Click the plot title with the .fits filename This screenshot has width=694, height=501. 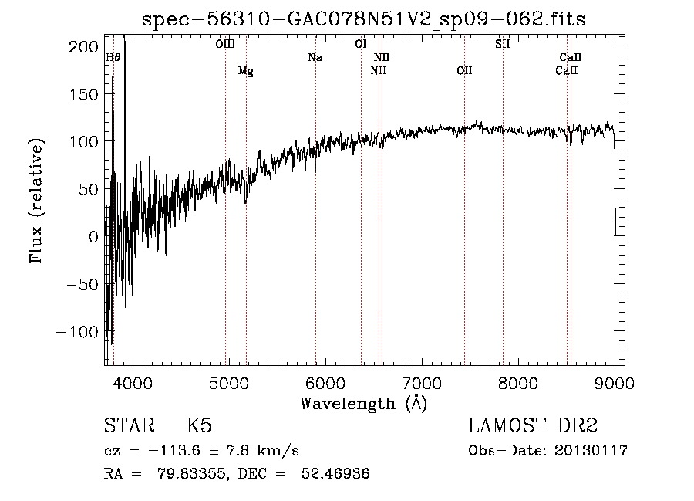click(x=364, y=19)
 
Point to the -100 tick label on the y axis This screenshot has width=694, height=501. click(x=77, y=332)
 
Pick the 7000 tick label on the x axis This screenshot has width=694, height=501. click(x=422, y=383)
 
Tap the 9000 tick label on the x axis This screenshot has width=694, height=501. click(x=615, y=383)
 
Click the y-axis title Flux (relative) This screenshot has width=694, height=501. click(x=36, y=200)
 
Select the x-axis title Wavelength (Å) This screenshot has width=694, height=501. click(x=363, y=403)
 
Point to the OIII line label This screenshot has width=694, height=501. click(x=225, y=44)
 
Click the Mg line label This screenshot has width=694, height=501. click(x=245, y=71)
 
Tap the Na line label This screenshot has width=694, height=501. click(x=315, y=57)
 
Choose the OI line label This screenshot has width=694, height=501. click(x=360, y=44)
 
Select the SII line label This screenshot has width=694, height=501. click(x=502, y=44)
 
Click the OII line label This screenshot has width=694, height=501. click(x=464, y=71)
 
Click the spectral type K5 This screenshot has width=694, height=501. click(x=199, y=426)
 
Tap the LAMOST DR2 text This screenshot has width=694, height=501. click(x=533, y=426)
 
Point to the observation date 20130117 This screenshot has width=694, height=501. click(x=593, y=451)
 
